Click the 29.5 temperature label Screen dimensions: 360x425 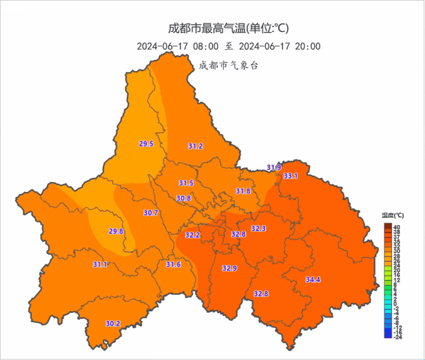click(146, 143)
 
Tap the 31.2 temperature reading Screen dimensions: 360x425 click(195, 146)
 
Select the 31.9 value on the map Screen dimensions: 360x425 click(274, 167)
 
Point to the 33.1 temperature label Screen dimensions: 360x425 click(291, 176)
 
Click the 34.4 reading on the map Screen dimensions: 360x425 click(313, 280)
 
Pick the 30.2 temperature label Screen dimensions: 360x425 click(113, 323)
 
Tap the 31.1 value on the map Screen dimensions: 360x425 click(100, 264)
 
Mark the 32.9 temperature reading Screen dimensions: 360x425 click(229, 268)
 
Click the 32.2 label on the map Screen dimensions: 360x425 click(193, 235)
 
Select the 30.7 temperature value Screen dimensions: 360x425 click(151, 213)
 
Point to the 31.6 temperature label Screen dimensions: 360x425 click(173, 264)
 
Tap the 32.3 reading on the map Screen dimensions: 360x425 click(258, 228)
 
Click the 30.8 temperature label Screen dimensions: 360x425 click(183, 198)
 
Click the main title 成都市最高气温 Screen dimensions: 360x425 click(207, 28)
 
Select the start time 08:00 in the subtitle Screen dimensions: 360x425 click(206, 46)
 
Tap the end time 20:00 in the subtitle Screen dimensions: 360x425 click(307, 46)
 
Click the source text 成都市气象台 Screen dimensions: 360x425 click(228, 64)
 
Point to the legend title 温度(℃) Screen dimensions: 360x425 click(393, 216)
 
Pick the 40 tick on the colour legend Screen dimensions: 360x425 click(396, 227)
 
